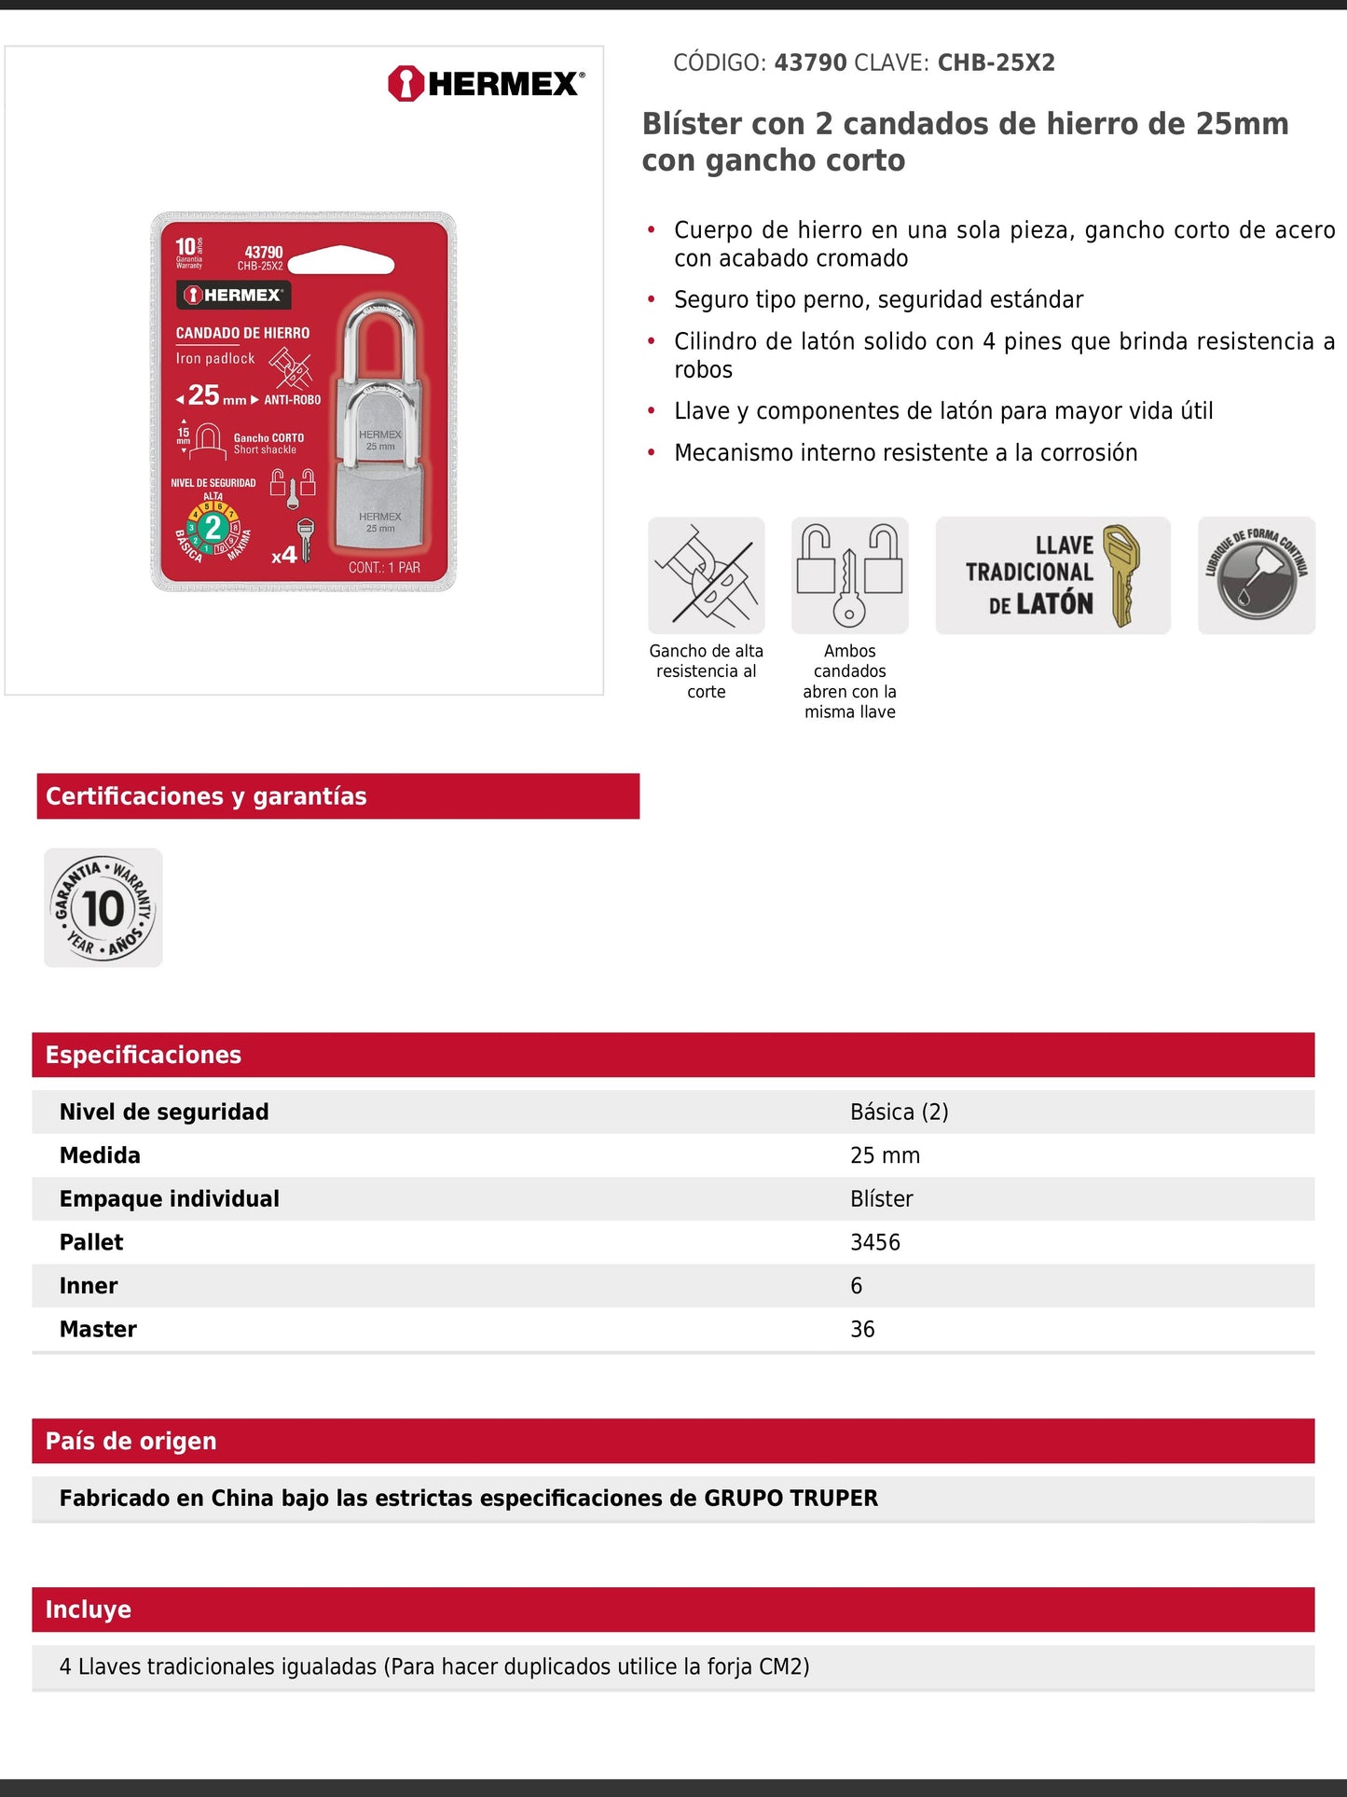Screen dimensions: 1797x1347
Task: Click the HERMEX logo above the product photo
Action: pos(486,84)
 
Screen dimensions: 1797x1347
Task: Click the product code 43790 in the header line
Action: pos(810,63)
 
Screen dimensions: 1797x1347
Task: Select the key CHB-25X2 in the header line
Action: pos(996,63)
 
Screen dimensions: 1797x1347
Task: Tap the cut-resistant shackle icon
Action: pos(707,575)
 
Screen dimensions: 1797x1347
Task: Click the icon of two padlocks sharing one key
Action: pos(849,575)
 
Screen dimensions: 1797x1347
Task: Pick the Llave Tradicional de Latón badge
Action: pos(1052,575)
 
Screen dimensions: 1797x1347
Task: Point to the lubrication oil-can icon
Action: pos(1256,575)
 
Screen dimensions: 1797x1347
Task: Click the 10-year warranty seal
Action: pos(103,907)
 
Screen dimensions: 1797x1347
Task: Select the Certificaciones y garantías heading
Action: pos(206,796)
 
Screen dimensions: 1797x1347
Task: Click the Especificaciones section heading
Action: pos(144,1055)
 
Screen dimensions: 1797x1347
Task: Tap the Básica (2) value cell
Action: pos(899,1112)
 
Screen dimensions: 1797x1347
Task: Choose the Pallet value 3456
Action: pos(875,1242)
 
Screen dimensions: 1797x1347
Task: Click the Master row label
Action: pos(98,1329)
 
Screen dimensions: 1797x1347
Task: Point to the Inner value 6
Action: pos(857,1286)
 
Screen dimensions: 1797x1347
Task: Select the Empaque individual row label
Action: pos(170,1198)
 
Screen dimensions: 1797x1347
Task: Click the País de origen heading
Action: pos(131,1441)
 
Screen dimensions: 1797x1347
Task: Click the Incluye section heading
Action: pos(89,1610)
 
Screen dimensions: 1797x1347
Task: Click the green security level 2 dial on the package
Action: pos(213,528)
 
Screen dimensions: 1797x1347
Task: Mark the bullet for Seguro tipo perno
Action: pos(652,299)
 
